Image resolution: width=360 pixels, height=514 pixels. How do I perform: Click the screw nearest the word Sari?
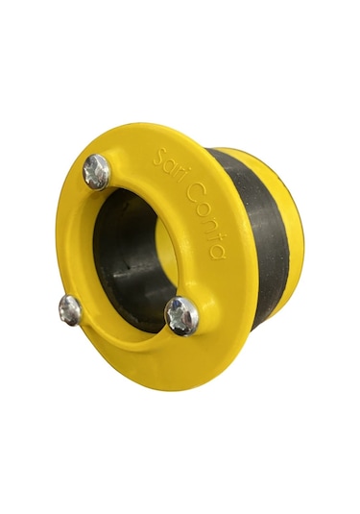(96, 172)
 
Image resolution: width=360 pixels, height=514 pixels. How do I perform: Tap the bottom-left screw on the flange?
(70, 310)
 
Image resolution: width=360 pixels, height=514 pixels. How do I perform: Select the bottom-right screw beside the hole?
(181, 317)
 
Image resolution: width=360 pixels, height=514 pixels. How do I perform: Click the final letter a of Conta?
(218, 253)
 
